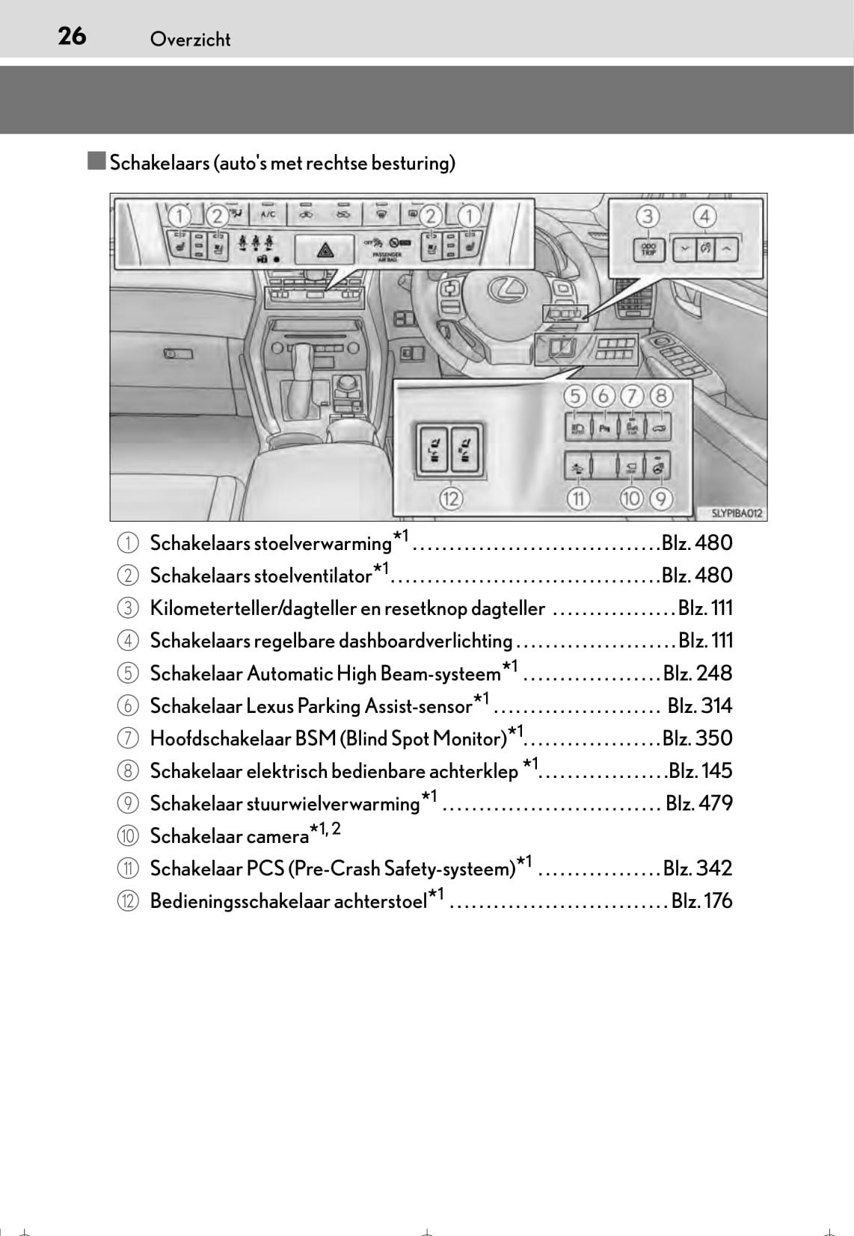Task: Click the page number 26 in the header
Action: [72, 36]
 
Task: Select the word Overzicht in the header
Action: [190, 40]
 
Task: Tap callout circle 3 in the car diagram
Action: [648, 217]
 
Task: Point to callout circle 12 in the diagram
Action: [450, 498]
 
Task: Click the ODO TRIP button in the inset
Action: [648, 249]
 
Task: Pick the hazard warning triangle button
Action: [325, 250]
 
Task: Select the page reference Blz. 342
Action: [698, 868]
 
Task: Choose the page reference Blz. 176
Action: [701, 900]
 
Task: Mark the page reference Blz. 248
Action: [698, 673]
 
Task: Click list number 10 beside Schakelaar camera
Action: [128, 835]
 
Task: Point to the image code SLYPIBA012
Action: [736, 513]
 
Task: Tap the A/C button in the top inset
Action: [268, 215]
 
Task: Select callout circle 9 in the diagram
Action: [660, 498]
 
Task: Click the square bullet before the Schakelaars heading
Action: [96, 161]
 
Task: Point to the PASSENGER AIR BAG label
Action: [387, 256]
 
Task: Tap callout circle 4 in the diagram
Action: [704, 217]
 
